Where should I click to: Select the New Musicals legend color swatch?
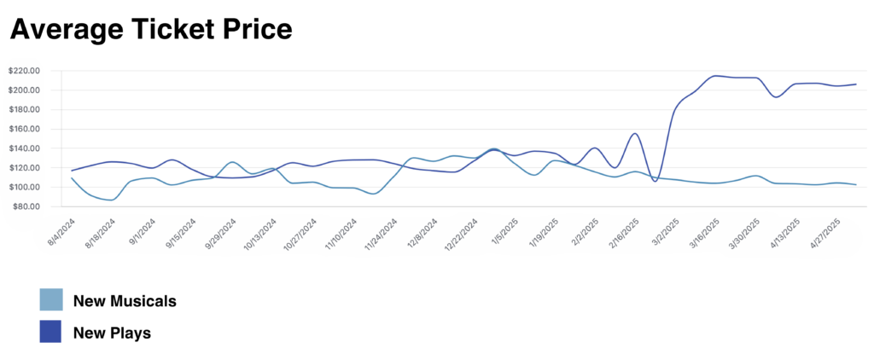(50, 299)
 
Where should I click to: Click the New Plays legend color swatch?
(50, 332)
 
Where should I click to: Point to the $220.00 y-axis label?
(23, 71)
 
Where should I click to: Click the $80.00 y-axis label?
(25, 206)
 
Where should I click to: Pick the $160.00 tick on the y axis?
(23, 129)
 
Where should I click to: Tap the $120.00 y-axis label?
(23, 168)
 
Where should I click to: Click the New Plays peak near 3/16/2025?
(716, 76)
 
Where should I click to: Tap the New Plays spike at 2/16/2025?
(636, 134)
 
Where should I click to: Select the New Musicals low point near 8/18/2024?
(111, 200)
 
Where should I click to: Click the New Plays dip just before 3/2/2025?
(655, 181)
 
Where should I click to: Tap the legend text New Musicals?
(125, 301)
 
